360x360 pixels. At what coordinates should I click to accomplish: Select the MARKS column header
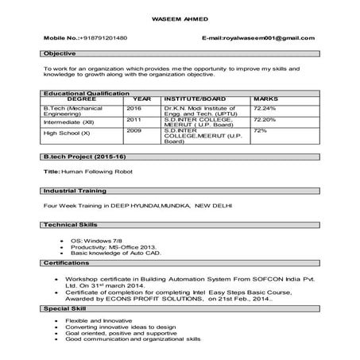pos(265,99)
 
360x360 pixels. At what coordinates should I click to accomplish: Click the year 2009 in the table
pos(134,130)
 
